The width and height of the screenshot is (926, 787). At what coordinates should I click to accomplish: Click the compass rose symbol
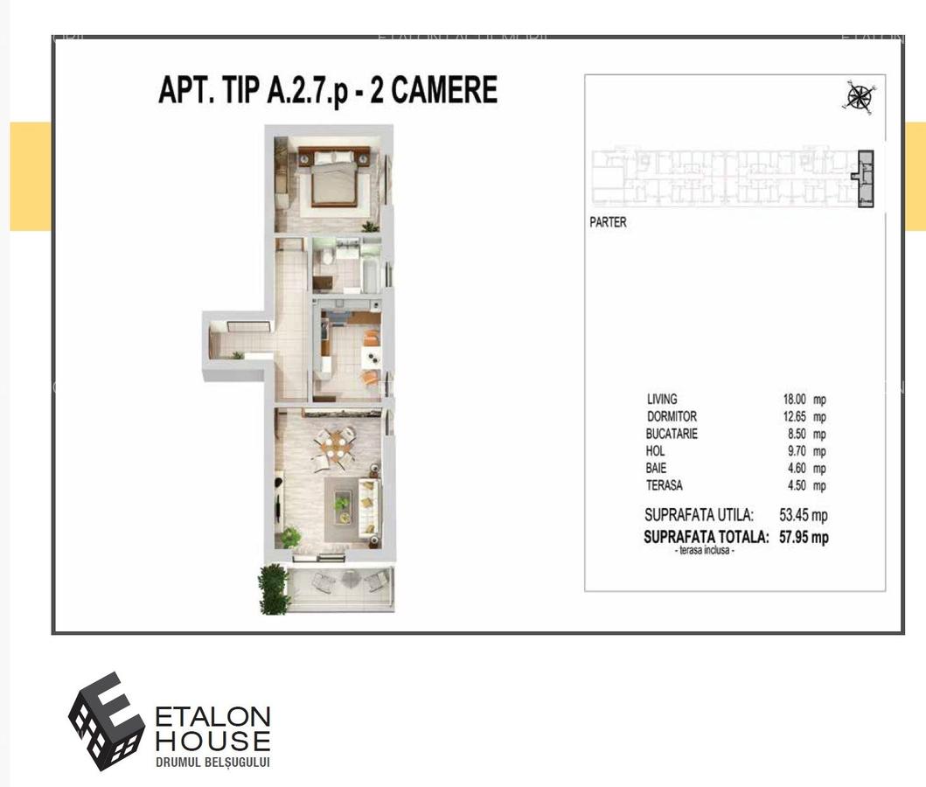tap(859, 96)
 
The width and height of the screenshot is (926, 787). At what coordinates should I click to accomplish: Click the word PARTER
tap(608, 222)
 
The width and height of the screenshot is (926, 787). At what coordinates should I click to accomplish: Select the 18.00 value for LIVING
tap(795, 400)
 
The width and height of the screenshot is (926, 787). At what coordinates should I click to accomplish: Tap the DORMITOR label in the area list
tap(672, 416)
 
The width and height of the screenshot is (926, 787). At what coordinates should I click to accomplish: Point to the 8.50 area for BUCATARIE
tap(795, 434)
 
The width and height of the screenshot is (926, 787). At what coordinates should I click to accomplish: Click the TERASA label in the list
tap(665, 485)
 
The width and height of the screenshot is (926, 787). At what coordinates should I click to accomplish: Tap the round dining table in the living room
tap(335, 447)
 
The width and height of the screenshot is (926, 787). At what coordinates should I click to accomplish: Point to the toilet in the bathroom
tap(323, 257)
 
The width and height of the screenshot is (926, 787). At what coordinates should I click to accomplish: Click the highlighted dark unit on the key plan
tap(865, 178)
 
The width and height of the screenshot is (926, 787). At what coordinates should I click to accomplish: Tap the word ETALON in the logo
tap(212, 718)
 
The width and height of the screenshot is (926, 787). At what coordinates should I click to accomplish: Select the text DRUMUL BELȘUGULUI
tap(212, 763)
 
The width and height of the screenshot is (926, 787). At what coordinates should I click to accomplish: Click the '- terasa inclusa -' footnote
tap(704, 552)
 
